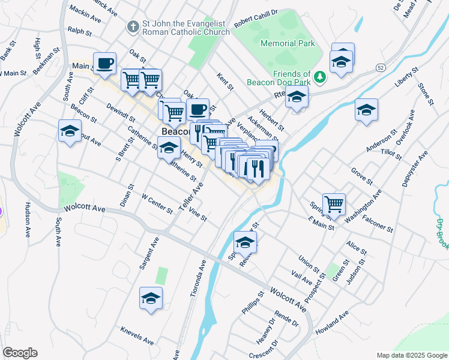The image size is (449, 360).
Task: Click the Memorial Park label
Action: (x=288, y=43)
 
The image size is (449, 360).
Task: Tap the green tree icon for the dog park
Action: (x=320, y=77)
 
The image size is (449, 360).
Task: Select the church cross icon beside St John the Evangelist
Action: (x=133, y=27)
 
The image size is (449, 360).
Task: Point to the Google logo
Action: (x=20, y=353)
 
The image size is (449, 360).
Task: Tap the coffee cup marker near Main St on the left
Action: (x=104, y=63)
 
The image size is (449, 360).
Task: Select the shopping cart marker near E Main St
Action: (x=334, y=203)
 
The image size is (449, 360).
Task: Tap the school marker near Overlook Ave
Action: (x=366, y=110)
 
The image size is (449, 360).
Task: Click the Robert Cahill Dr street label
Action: (x=256, y=16)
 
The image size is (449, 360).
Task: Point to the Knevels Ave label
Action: (x=137, y=336)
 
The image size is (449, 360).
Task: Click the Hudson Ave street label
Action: (x=27, y=220)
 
